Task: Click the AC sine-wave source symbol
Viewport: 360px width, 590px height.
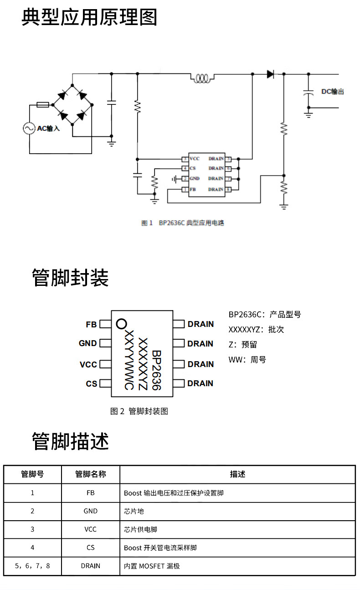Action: point(30,129)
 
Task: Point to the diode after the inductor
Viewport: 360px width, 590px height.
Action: point(271,74)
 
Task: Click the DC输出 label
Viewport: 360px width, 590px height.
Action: point(332,92)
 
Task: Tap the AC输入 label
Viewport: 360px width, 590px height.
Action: point(48,129)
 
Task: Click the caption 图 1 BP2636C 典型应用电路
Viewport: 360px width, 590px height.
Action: point(183,223)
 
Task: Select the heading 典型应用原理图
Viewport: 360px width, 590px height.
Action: point(89,17)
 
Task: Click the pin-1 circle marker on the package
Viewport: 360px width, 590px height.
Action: point(121,324)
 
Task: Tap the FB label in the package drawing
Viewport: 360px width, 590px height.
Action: point(91,325)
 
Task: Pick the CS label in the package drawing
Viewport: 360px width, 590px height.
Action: point(91,384)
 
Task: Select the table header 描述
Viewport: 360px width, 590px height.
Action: point(237,474)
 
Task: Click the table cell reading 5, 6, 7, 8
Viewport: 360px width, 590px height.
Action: point(32,566)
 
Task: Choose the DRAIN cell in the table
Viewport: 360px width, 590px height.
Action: point(90,566)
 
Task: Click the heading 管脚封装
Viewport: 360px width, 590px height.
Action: point(70,277)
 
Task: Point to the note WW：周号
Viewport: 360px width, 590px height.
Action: point(247,360)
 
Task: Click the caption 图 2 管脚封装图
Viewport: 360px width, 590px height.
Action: point(139,411)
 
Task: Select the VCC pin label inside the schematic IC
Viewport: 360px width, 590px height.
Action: point(195,159)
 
